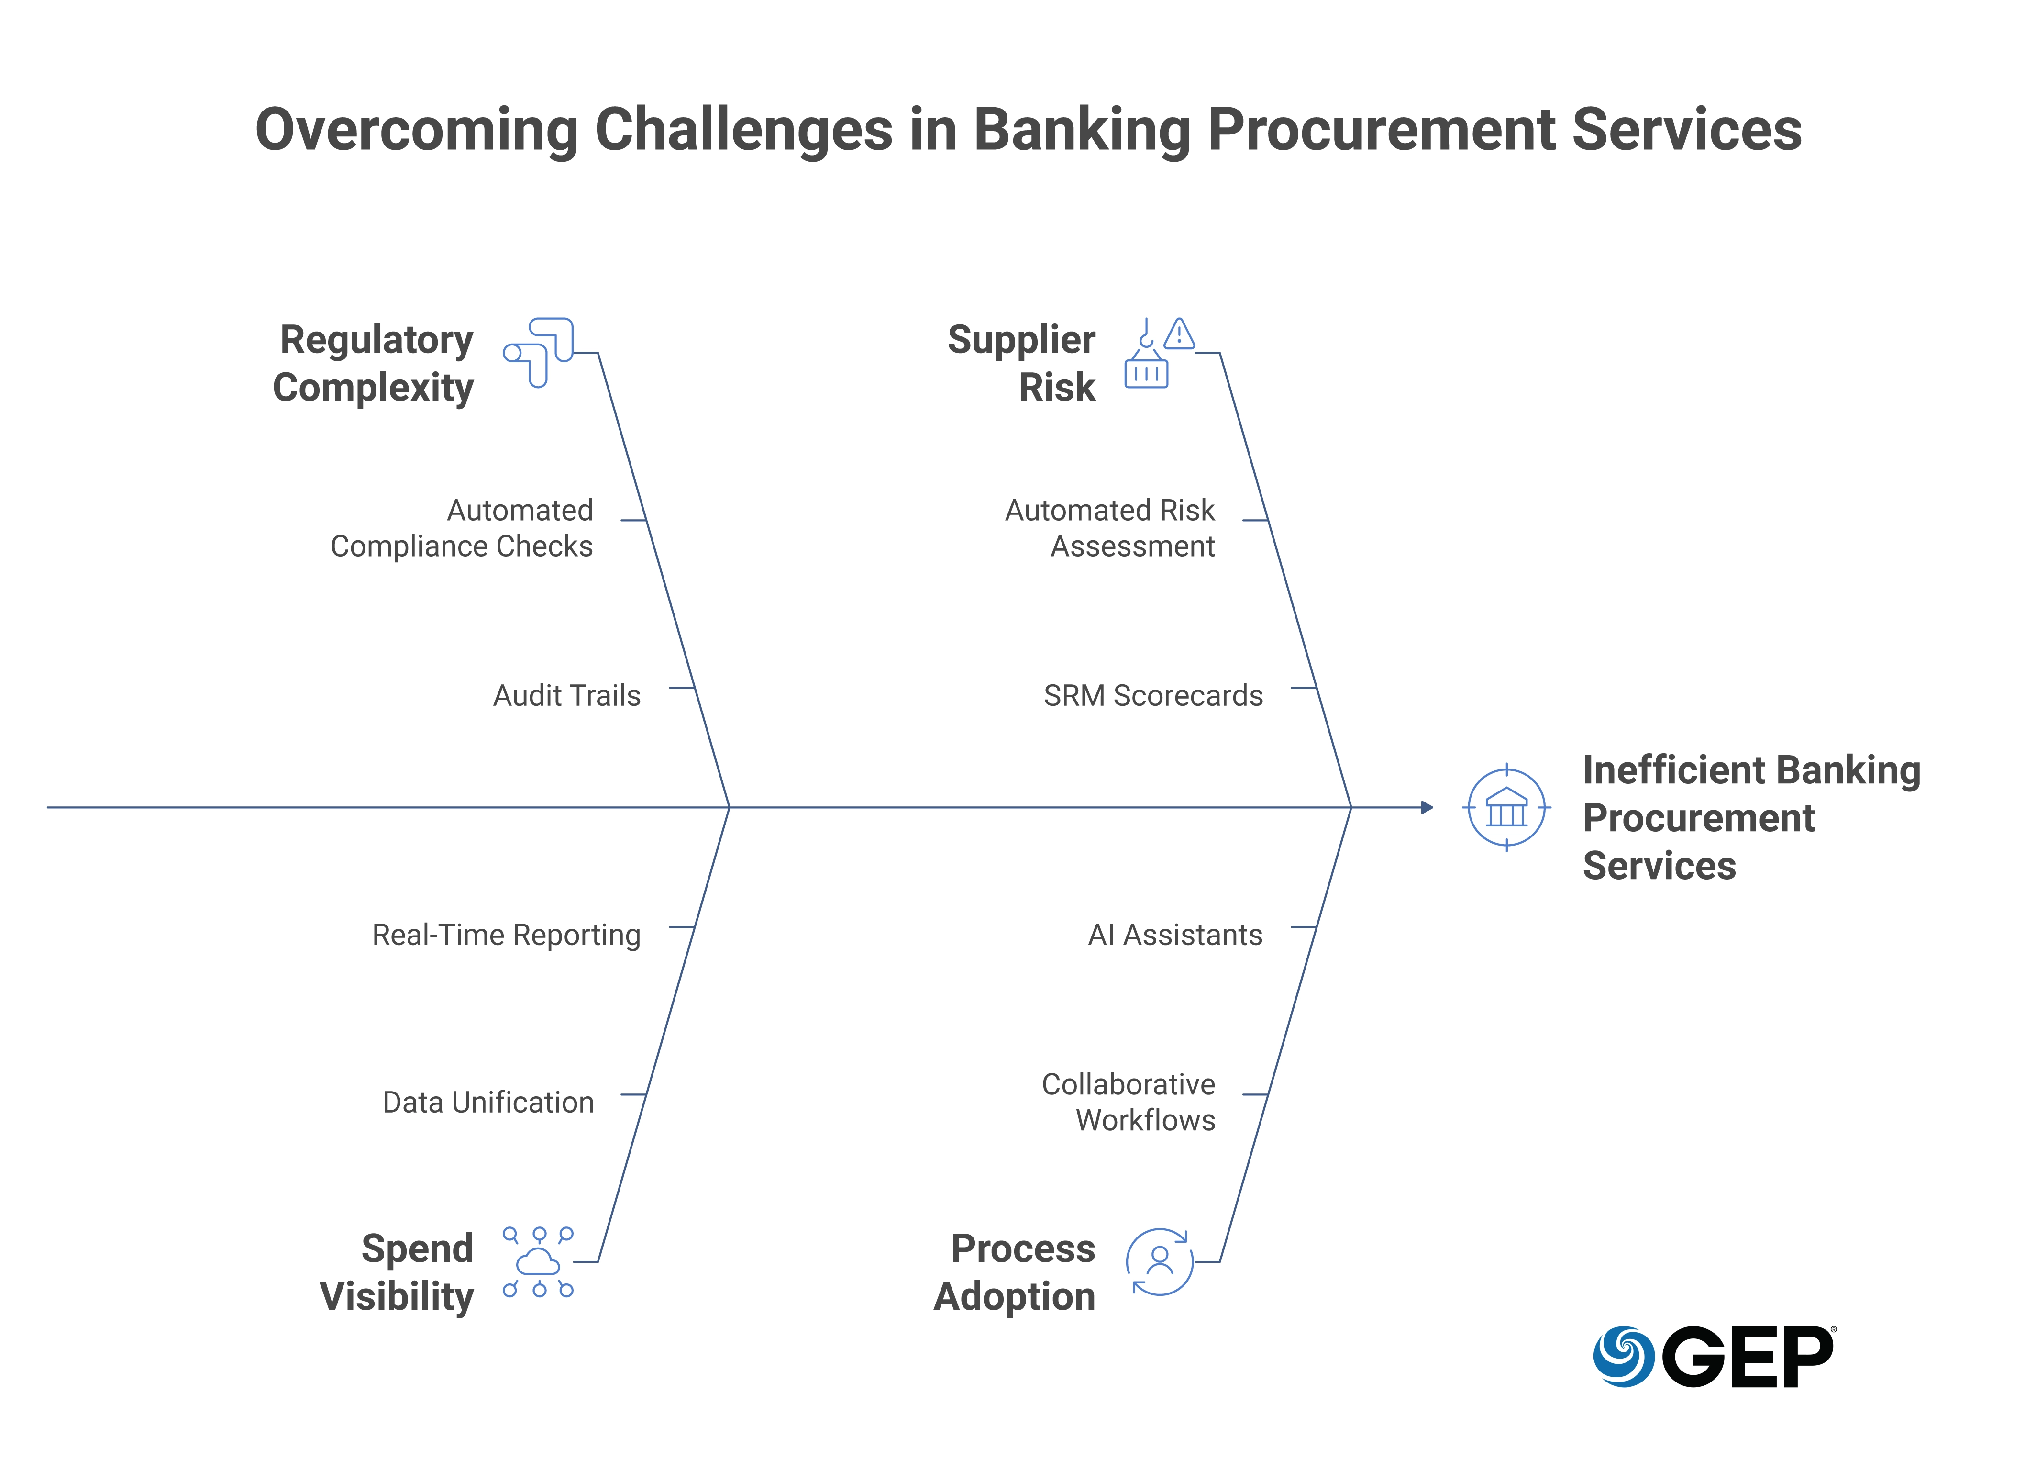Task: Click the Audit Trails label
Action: (567, 696)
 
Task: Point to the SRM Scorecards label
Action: (1153, 696)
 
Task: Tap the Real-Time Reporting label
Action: (506, 935)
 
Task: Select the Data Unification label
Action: (488, 1103)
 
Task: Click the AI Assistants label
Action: (1175, 935)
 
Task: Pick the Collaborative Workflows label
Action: (1129, 1102)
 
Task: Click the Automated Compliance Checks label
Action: (462, 528)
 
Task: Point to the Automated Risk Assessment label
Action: (1110, 528)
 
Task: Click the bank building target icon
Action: (1506, 808)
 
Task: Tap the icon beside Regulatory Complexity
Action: (538, 352)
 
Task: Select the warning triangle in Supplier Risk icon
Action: (1180, 334)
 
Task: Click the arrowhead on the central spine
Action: (1427, 807)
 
